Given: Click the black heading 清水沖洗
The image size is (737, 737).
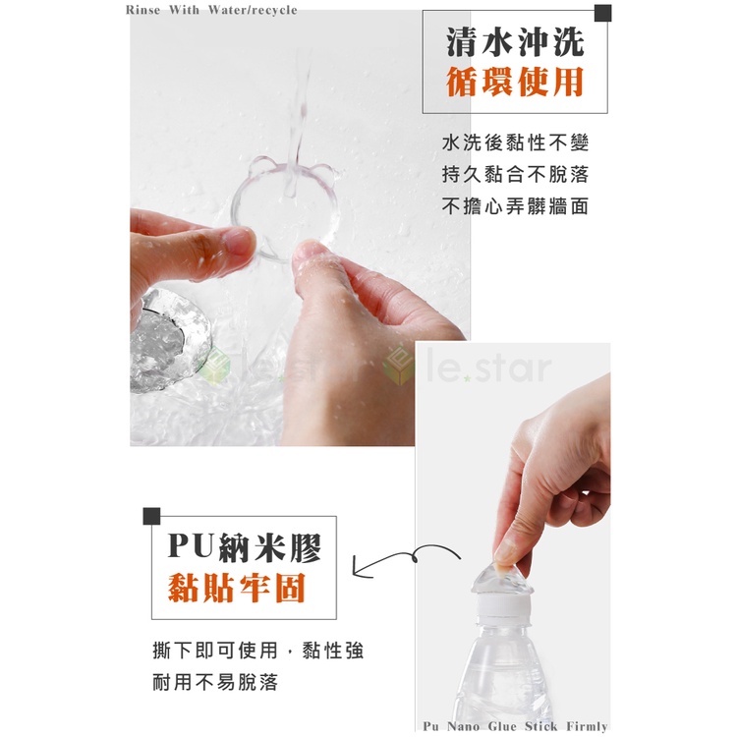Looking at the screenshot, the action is [x=515, y=42].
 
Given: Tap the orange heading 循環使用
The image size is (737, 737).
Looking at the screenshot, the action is [x=515, y=82].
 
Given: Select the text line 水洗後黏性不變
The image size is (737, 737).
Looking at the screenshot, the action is [x=515, y=142].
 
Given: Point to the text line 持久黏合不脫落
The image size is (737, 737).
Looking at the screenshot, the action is [x=515, y=174].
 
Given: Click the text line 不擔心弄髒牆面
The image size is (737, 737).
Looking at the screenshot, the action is [x=515, y=206].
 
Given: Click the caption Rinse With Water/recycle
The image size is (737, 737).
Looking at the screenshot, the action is [x=211, y=10].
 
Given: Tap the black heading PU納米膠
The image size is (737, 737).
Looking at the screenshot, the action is [x=245, y=547].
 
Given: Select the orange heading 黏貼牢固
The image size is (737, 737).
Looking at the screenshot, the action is [x=238, y=588].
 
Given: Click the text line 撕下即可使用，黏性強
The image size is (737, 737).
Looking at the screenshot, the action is [x=258, y=651].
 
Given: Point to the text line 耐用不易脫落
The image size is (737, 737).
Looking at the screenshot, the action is [x=215, y=682].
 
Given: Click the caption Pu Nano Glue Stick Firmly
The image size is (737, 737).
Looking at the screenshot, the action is [x=515, y=726].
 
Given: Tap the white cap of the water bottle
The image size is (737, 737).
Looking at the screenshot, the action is [x=502, y=606].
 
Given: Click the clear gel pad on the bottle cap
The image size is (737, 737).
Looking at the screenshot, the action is [x=501, y=580].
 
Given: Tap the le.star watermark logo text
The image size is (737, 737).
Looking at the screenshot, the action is [x=487, y=368].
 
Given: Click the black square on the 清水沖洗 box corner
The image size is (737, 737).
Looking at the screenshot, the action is [x=603, y=13].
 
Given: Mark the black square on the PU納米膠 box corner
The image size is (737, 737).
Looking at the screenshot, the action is [x=151, y=516].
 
